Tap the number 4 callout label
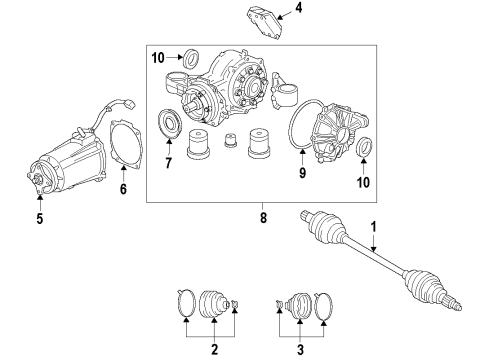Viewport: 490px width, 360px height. (x=284, y=11)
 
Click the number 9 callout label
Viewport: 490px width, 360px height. (x=301, y=172)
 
